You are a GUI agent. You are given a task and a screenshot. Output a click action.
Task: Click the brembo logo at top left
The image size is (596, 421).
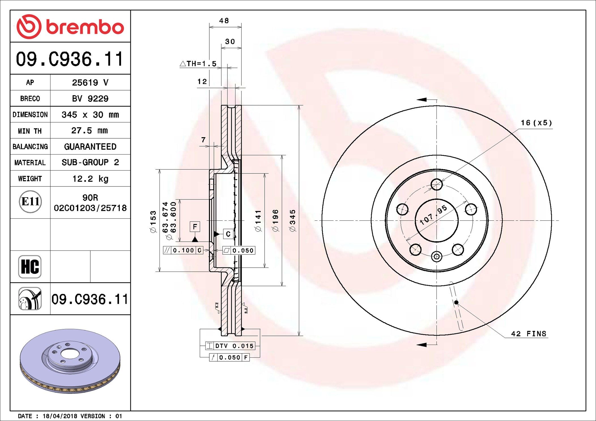pyautogui.click(x=70, y=27)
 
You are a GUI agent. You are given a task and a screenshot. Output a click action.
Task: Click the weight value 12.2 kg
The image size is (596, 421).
pyautogui.click(x=90, y=179)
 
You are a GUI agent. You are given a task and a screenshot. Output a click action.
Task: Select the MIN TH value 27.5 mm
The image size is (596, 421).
pyautogui.click(x=90, y=131)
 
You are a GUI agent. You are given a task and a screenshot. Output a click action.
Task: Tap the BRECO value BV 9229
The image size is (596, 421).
pyautogui.click(x=90, y=99)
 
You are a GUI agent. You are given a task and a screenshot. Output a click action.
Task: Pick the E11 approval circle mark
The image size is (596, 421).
pyautogui.click(x=30, y=202)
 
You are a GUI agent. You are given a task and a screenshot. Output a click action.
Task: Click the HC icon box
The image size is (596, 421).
pyautogui.click(x=30, y=267)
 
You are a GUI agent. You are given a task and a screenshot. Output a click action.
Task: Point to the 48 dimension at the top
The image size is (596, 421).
pyautogui.click(x=224, y=21)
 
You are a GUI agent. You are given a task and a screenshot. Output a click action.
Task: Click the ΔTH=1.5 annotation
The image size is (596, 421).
pyautogui.click(x=198, y=64)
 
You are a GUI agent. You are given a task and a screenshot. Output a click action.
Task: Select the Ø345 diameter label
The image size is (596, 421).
pyautogui.click(x=293, y=221)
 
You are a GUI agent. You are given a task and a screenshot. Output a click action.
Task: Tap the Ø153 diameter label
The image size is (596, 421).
pyautogui.click(x=153, y=222)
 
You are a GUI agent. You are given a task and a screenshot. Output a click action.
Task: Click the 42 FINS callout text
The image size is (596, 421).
pyautogui.click(x=529, y=334)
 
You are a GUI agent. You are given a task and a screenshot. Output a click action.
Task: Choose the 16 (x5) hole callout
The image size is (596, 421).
pyautogui.click(x=536, y=123)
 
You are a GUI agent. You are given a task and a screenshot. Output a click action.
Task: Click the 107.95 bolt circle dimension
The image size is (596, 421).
pyautogui.click(x=433, y=215)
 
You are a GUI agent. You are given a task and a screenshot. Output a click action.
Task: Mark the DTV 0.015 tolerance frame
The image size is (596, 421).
pyautogui.click(x=230, y=346)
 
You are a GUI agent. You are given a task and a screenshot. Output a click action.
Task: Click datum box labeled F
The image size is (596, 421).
pyautogui.click(x=195, y=227)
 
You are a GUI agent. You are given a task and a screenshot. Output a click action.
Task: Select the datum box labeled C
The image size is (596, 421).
pyautogui.click(x=228, y=234)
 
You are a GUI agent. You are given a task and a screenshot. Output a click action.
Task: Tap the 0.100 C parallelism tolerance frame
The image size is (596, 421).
pyautogui.click(x=183, y=250)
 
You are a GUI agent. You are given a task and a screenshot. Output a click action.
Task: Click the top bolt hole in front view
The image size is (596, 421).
pyautogui.click(x=437, y=185)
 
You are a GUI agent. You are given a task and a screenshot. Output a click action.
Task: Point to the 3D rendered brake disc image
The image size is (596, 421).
pyautogui.click(x=70, y=361)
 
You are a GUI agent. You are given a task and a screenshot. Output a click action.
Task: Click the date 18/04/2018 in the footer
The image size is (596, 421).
pyautogui.click(x=60, y=416)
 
